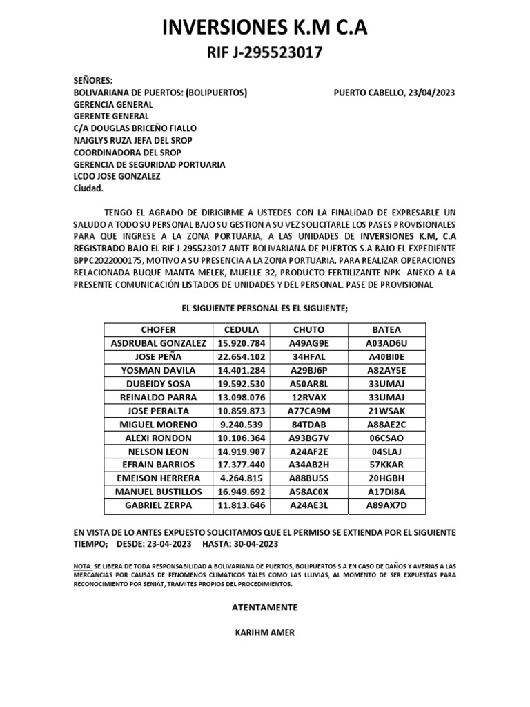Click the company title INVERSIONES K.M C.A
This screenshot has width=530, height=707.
click(265, 27)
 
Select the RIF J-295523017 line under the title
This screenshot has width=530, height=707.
click(265, 53)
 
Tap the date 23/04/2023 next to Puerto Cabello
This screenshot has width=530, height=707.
click(431, 92)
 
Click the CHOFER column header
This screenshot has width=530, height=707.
click(158, 329)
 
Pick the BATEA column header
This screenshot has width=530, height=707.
click(386, 329)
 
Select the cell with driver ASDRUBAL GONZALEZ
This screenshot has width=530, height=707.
click(158, 343)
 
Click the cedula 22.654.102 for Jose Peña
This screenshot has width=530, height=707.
click(241, 356)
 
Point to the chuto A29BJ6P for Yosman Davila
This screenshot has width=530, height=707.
click(309, 370)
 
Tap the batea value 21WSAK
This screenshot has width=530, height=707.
click(386, 411)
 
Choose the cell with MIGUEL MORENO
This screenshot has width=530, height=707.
click(158, 424)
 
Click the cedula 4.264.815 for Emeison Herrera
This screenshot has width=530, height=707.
click(241, 478)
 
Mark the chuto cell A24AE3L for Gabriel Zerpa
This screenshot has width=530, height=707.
click(309, 505)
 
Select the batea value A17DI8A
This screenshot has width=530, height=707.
click(386, 492)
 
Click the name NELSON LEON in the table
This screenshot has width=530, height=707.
click(158, 451)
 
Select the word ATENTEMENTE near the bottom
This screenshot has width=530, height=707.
click(264, 608)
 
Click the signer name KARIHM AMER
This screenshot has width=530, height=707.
click(264, 632)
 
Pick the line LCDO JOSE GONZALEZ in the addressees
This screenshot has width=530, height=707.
click(117, 177)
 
